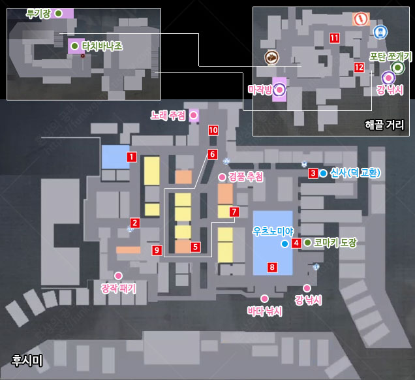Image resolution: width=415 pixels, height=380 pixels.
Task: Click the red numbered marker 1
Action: tap(132, 157)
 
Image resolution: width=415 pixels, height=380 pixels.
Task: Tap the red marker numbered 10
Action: tap(213, 130)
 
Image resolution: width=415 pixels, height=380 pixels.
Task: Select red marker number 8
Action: tap(272, 267)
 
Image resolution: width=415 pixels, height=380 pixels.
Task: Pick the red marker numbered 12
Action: tap(359, 67)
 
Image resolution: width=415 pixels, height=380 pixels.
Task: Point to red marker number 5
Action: tap(195, 247)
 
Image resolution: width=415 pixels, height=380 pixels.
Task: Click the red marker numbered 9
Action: tap(157, 250)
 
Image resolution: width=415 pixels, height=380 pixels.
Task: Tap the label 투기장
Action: tap(38, 14)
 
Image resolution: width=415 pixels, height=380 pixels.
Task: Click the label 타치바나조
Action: tap(102, 46)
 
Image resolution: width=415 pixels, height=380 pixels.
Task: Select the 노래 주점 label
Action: tap(168, 116)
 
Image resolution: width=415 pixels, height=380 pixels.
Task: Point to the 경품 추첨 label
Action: tap(245, 177)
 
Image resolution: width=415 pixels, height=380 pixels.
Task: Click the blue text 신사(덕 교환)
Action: tap(355, 173)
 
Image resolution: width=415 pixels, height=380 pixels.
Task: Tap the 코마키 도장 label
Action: tap(335, 243)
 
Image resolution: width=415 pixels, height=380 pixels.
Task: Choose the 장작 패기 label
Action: tap(119, 288)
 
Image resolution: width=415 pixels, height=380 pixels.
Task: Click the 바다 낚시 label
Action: tap(265, 311)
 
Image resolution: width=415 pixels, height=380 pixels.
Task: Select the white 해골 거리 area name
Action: tap(384, 125)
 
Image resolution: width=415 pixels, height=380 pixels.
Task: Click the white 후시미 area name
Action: tap(27, 360)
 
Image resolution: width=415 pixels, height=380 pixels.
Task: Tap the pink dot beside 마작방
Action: tap(279, 89)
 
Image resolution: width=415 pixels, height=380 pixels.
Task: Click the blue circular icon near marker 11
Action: tap(380, 32)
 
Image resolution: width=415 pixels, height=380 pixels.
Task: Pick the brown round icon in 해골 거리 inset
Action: tap(272, 57)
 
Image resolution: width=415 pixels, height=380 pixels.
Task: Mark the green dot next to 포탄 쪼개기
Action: tap(397, 68)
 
